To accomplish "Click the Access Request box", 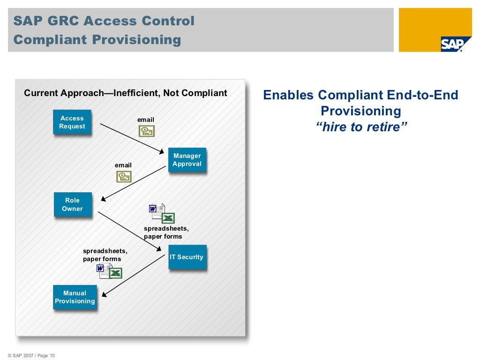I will point(72,122).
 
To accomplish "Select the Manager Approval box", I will point(187,160).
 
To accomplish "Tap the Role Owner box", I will point(72,204).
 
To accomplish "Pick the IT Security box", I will point(187,257).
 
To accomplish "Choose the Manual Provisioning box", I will point(75,297).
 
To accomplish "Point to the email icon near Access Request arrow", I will point(146,131).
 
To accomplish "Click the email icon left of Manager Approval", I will point(124,176).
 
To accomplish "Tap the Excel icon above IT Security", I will point(168,218).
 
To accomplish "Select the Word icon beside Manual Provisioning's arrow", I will point(100,269).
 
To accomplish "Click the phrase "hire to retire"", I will point(360,127).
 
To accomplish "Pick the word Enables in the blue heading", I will point(288,95).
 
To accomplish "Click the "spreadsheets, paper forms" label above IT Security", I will point(166,232).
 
